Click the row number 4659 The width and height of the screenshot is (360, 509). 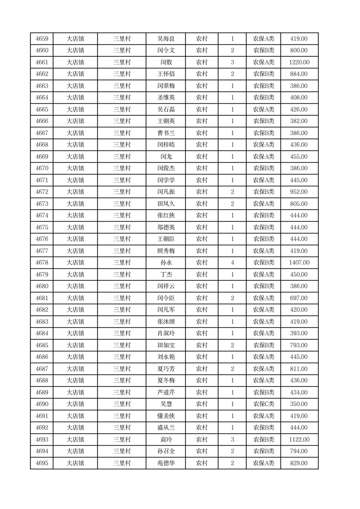(42, 39)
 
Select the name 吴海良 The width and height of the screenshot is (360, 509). (165, 39)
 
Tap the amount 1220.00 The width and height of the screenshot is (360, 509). (299, 63)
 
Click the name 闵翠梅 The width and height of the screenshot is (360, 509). (165, 86)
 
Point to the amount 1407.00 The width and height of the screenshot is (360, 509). (299, 263)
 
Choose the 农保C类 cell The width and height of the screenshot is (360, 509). (263, 404)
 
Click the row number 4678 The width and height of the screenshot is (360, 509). (42, 263)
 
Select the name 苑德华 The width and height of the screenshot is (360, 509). (165, 463)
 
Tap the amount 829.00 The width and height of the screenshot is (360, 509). (299, 463)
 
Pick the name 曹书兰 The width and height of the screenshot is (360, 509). (165, 133)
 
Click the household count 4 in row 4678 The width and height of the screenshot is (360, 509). (232, 263)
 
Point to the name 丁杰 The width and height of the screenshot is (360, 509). (165, 274)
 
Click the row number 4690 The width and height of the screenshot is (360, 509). (42, 404)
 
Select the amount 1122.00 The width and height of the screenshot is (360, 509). (299, 440)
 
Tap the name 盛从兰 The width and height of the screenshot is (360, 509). (165, 428)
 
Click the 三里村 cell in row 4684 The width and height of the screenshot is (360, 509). (122, 333)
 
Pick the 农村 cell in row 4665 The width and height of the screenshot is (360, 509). (201, 110)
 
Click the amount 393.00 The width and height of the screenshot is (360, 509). (299, 333)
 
